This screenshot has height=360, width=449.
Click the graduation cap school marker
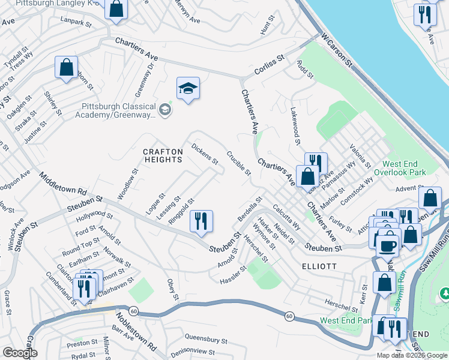click(x=188, y=89)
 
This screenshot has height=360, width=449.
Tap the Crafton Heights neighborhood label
click(x=163, y=156)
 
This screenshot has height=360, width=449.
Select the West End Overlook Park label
click(x=405, y=168)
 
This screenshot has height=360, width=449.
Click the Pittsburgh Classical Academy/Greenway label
click(x=119, y=111)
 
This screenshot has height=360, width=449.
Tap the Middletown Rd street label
click(x=62, y=182)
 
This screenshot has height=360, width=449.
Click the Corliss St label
click(x=268, y=62)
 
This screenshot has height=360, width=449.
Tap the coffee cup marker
click(x=389, y=245)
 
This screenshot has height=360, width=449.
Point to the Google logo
click(x=20, y=353)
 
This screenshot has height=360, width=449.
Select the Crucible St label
click(x=238, y=163)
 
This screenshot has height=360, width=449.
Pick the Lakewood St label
click(x=295, y=125)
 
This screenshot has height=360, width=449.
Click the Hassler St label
click(x=234, y=276)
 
